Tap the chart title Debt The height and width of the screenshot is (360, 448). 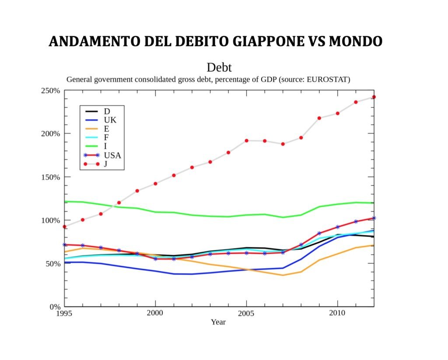pos(219,67)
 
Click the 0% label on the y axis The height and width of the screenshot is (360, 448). pos(54,307)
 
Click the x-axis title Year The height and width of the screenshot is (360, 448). pos(218,322)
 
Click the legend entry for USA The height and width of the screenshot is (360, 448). pos(112,155)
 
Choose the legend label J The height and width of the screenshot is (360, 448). pos(106,164)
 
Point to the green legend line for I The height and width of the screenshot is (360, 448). pos(91,146)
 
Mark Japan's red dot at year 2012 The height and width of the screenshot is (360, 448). pos(374,97)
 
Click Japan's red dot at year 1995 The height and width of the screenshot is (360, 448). pos(64,227)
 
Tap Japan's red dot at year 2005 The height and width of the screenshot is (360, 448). pos(246,140)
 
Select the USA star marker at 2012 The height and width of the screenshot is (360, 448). pos(374,218)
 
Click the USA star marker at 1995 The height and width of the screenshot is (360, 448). pos(64,245)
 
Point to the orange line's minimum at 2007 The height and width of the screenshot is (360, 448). pos(283,275)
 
